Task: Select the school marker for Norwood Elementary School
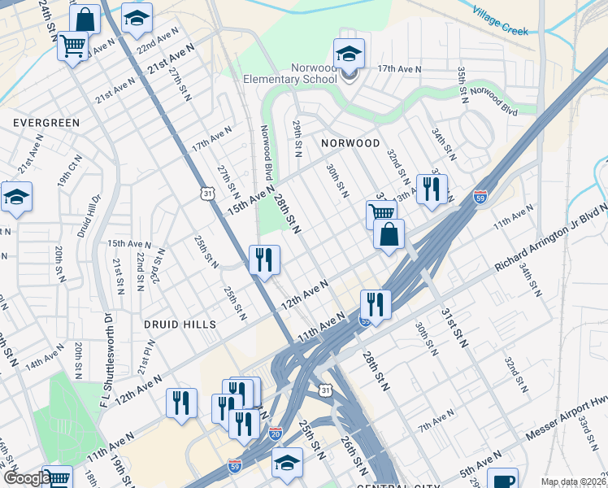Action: pyautogui.click(x=349, y=55)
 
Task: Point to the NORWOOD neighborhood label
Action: pyautogui.click(x=350, y=142)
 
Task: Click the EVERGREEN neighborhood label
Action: pyautogui.click(x=46, y=122)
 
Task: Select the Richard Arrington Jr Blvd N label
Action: pyautogui.click(x=552, y=238)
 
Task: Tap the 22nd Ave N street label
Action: pyautogui.click(x=156, y=40)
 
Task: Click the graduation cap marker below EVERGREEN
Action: pyautogui.click(x=16, y=198)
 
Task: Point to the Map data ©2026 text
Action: pyautogui.click(x=572, y=481)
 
